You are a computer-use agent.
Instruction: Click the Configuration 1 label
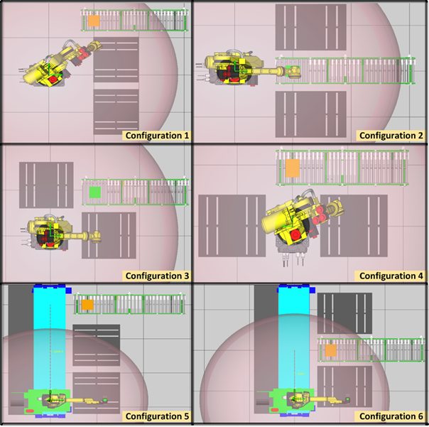point(157,136)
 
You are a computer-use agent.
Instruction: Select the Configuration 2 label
point(391,136)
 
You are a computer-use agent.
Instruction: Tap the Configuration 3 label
point(157,276)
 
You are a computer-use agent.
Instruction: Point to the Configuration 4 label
point(391,276)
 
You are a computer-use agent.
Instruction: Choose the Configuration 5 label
point(157,416)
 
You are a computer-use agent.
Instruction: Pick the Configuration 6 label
point(391,416)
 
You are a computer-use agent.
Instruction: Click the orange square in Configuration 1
point(94,21)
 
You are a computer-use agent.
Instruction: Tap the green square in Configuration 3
point(95,192)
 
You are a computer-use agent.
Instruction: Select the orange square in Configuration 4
point(293,168)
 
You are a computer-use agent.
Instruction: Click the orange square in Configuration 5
point(87,305)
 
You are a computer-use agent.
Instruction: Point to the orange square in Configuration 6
point(330,351)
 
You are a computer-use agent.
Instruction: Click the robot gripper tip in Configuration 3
point(97,237)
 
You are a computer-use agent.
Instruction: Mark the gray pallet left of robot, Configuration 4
point(232,226)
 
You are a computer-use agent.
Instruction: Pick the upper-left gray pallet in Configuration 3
point(46,185)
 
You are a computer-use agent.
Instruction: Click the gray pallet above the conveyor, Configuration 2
point(311,27)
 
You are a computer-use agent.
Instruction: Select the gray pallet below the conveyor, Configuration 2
point(311,114)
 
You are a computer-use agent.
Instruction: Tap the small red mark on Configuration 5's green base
point(30,411)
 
